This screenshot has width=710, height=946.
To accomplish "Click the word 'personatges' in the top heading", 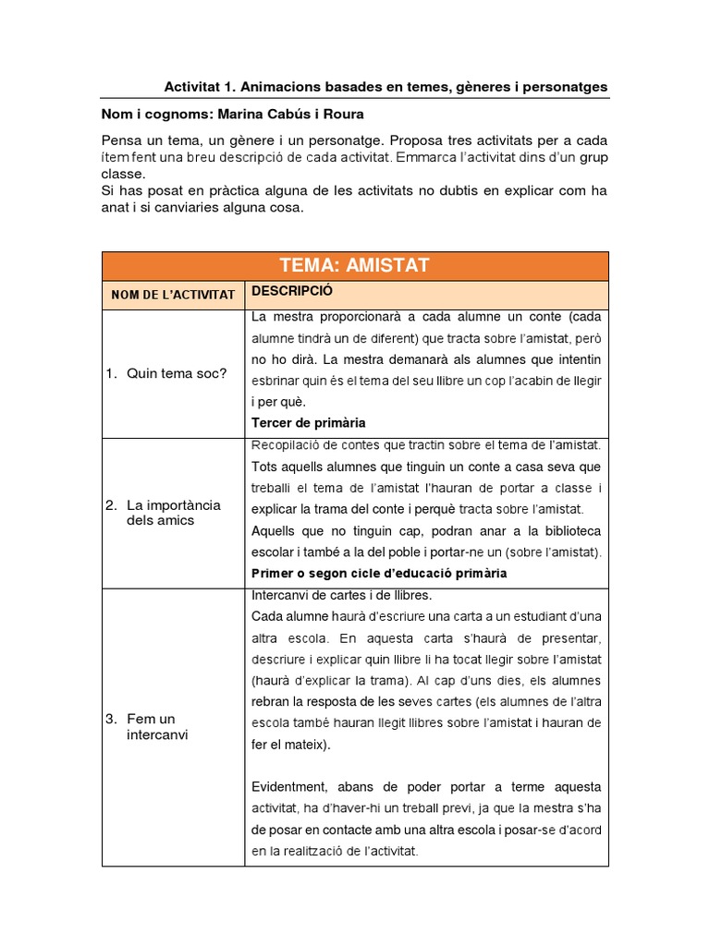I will pyautogui.click(x=564, y=87).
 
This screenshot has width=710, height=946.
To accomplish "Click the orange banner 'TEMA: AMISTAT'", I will pyautogui.click(x=355, y=266).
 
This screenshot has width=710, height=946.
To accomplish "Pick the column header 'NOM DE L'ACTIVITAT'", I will pyautogui.click(x=173, y=295).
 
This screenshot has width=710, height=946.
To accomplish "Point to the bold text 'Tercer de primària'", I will pyautogui.click(x=309, y=422).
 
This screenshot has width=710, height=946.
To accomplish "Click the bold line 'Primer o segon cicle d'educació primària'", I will pyautogui.click(x=379, y=573).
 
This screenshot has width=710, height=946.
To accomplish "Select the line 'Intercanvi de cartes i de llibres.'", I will pyautogui.click(x=341, y=595).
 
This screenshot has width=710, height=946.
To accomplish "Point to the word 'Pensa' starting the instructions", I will pyautogui.click(x=121, y=140).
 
